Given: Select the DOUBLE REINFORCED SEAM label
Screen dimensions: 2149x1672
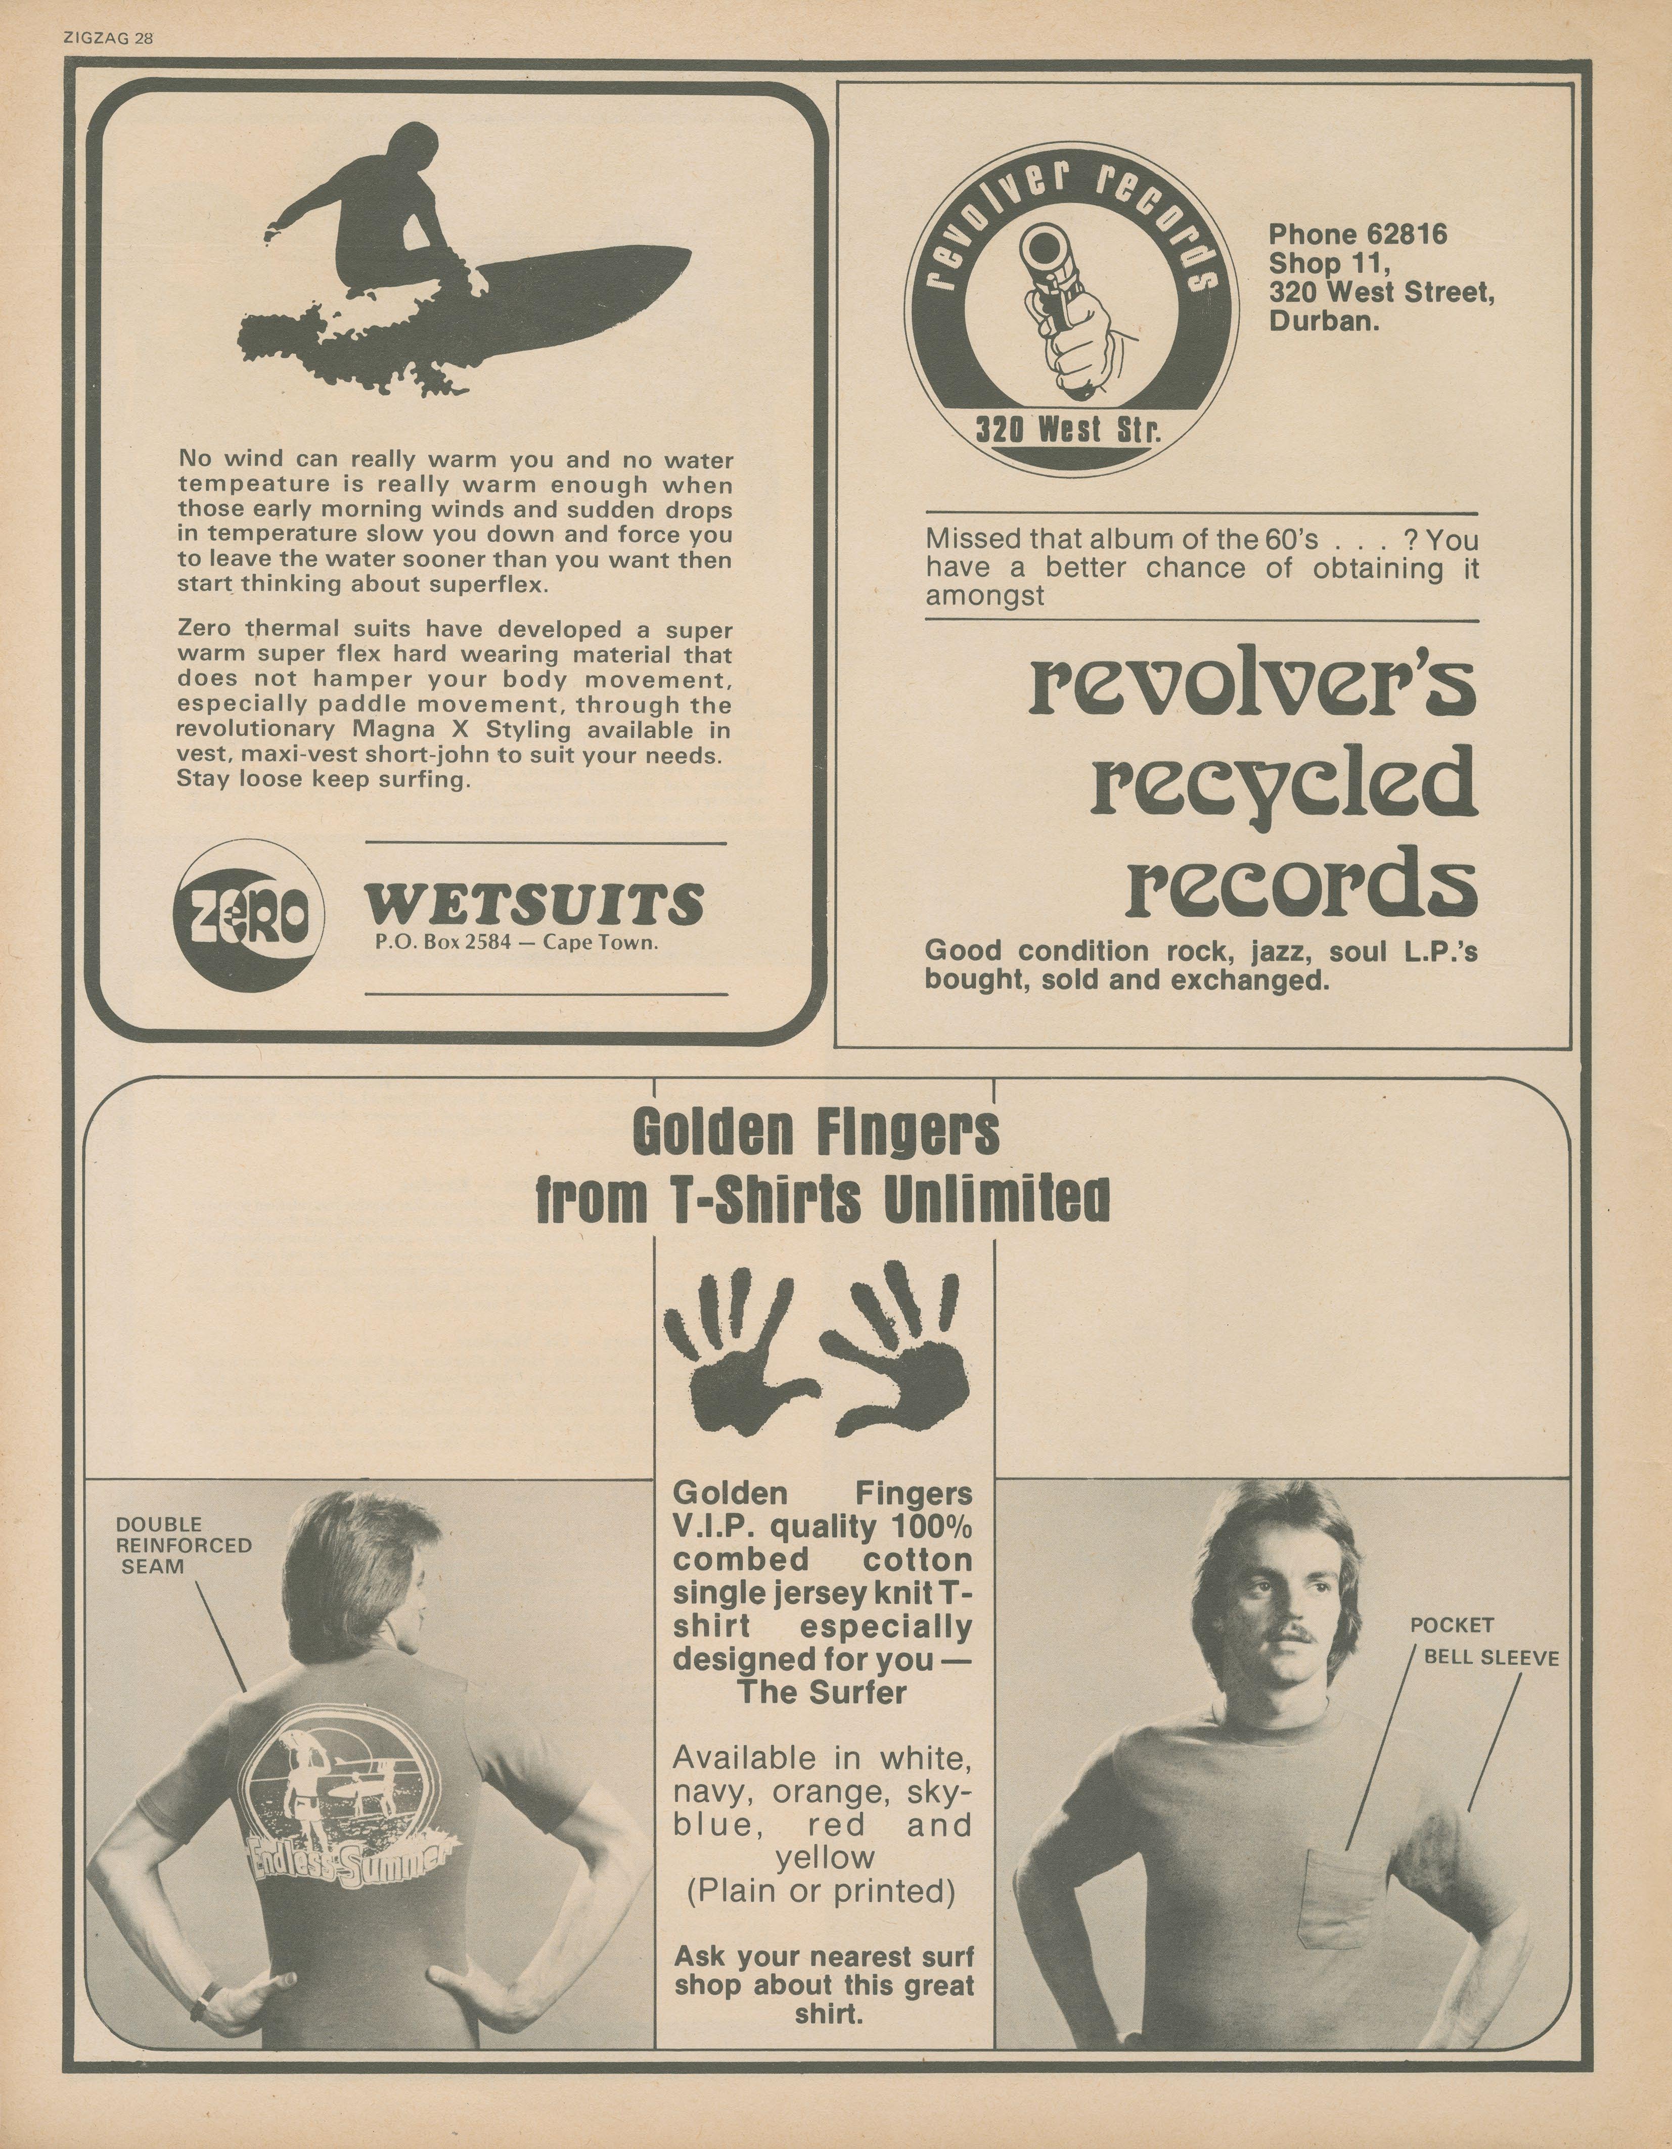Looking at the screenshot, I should tap(183, 1545).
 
